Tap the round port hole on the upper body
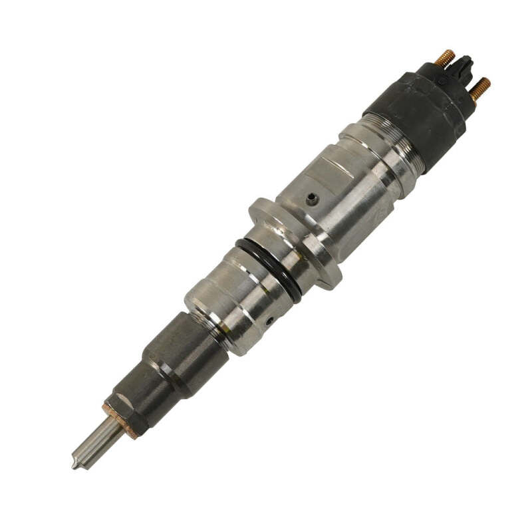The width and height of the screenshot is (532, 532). [x=311, y=198]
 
